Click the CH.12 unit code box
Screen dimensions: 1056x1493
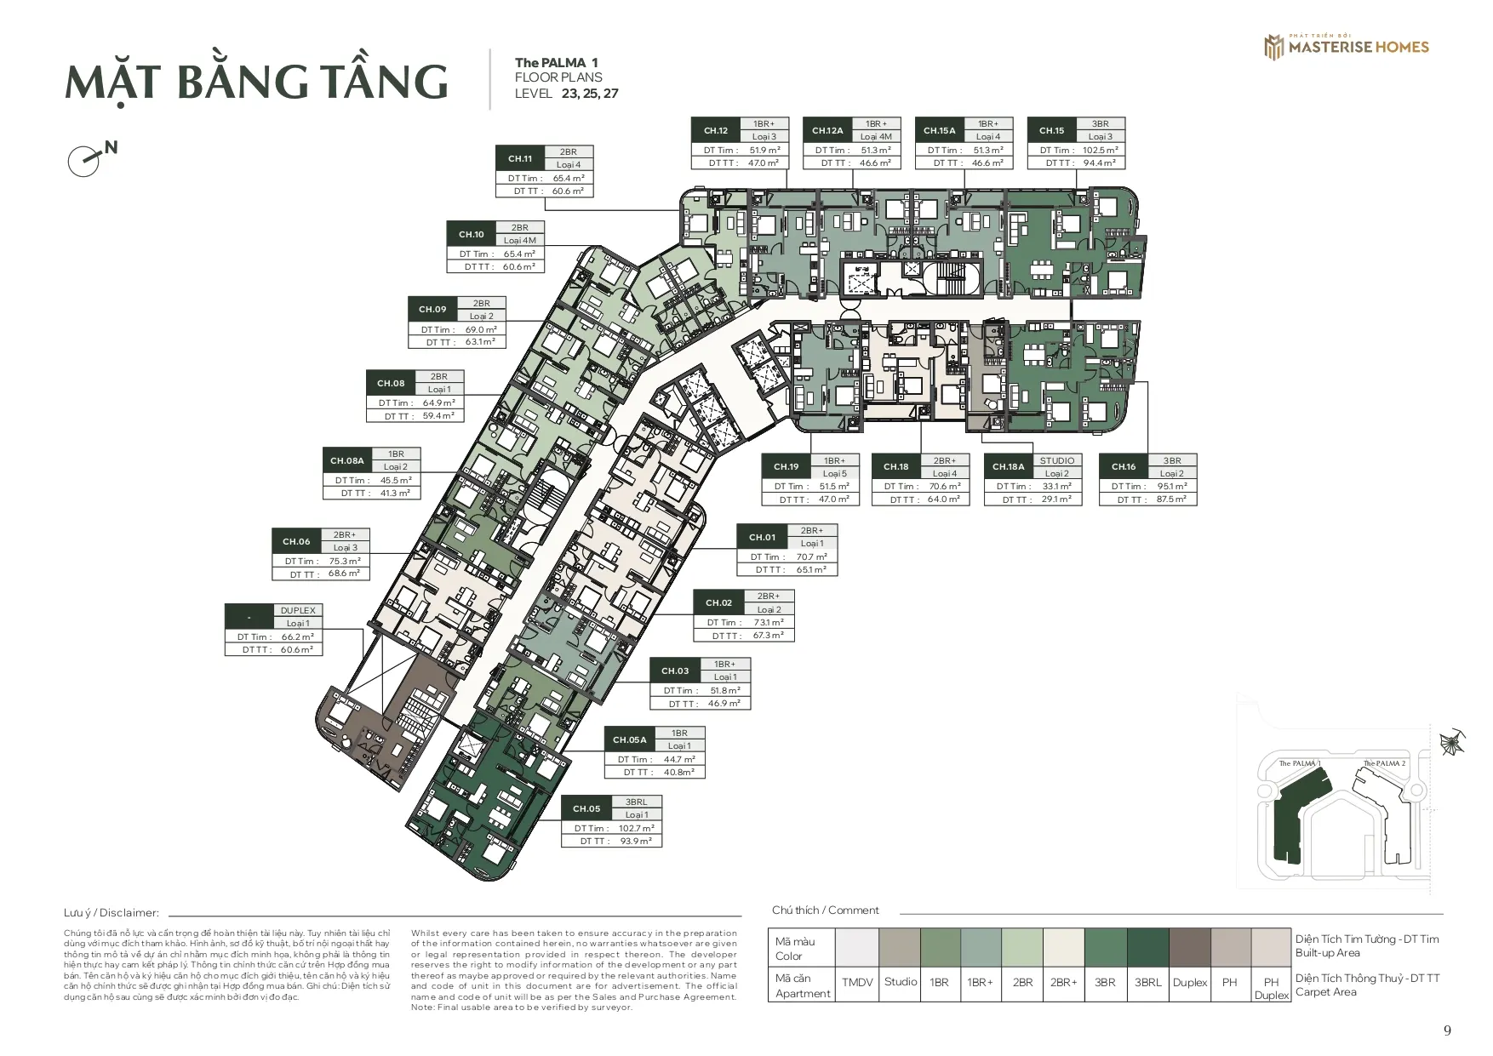(716, 130)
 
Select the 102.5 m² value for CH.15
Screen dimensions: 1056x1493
(1101, 150)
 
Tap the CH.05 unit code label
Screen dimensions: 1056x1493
(586, 808)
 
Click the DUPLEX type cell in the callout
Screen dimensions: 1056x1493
(298, 610)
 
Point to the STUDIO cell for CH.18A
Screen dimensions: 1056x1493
(1056, 460)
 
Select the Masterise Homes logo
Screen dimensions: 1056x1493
(1346, 47)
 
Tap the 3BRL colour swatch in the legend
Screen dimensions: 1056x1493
(1147, 946)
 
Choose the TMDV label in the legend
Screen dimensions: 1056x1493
(857, 982)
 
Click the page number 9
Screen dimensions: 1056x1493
(1447, 1030)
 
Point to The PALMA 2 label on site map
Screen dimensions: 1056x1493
(1384, 763)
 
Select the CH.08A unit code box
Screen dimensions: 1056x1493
(347, 460)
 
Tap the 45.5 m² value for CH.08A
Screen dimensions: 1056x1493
(395, 480)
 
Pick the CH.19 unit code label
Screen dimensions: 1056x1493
(787, 466)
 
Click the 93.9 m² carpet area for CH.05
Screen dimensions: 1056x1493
(635, 841)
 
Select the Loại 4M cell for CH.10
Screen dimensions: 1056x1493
(519, 240)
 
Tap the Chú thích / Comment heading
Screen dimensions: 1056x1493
(825, 910)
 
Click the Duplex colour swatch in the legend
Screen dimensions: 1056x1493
(1189, 946)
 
